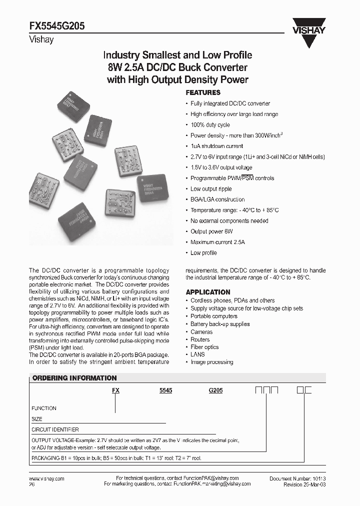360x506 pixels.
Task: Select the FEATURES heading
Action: coord(203,92)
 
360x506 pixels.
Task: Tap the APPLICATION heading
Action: coord(208,292)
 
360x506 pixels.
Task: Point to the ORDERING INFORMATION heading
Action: coord(74,378)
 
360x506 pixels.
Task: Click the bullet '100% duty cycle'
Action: coord(210,125)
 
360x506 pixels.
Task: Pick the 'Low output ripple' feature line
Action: coord(211,189)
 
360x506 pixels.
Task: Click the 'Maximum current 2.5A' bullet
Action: coord(217,242)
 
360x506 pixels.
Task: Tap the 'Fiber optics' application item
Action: coord(204,347)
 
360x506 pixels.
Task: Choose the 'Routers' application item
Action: coord(200,339)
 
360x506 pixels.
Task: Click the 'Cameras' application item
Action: coord(201,332)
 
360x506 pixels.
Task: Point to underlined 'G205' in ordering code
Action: coord(215,392)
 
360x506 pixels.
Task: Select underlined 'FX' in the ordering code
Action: coord(115,392)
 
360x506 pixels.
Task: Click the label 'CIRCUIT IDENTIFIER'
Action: coord(55,429)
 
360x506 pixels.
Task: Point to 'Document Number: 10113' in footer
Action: coord(297,479)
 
